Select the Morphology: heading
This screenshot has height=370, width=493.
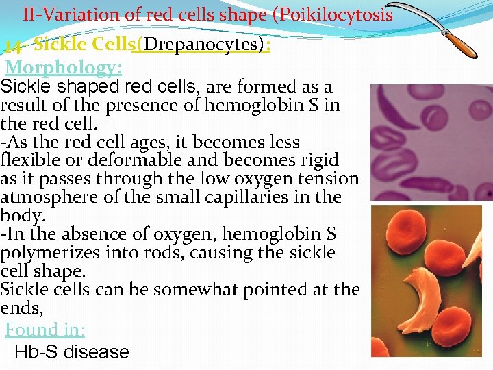click(x=64, y=67)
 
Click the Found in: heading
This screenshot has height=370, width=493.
click(x=45, y=330)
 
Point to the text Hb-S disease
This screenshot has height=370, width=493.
click(x=72, y=352)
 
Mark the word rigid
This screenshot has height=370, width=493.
click(x=316, y=160)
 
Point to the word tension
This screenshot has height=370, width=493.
click(x=327, y=179)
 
